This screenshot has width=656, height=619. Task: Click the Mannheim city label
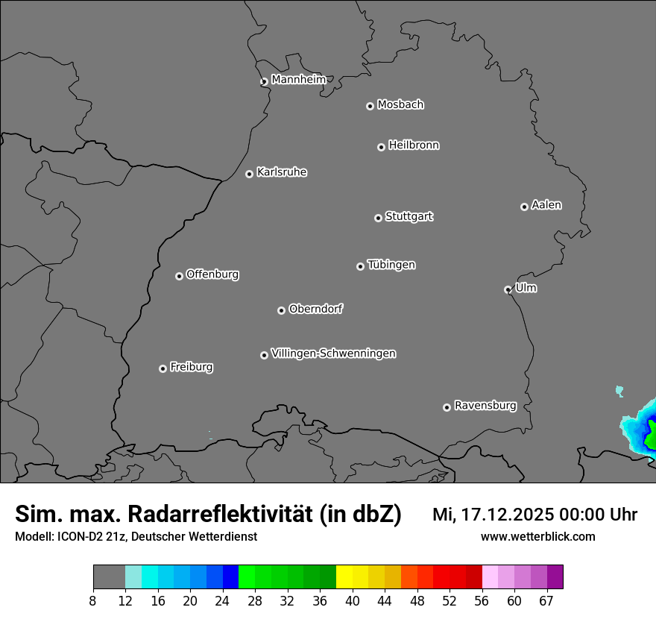point(298,79)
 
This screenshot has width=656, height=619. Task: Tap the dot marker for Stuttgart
point(378,218)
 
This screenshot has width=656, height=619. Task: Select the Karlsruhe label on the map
point(282,172)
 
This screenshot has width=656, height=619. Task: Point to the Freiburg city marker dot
point(163,368)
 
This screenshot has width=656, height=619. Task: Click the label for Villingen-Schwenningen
point(333,354)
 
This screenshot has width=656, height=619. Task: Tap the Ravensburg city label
point(485,406)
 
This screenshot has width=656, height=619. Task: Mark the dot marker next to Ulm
point(508,289)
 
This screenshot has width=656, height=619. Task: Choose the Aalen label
point(546,205)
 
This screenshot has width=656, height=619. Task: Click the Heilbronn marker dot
point(381,147)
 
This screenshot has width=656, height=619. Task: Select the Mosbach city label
point(400,104)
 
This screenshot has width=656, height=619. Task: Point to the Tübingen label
point(391,265)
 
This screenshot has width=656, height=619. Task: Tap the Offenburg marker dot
point(179,276)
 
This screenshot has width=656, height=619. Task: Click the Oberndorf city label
point(315,309)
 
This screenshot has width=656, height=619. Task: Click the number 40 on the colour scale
point(353,601)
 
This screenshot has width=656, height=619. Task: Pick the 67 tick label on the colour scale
point(546,601)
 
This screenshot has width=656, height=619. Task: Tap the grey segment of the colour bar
point(109,577)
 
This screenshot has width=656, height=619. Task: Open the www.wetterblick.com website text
point(537,536)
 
